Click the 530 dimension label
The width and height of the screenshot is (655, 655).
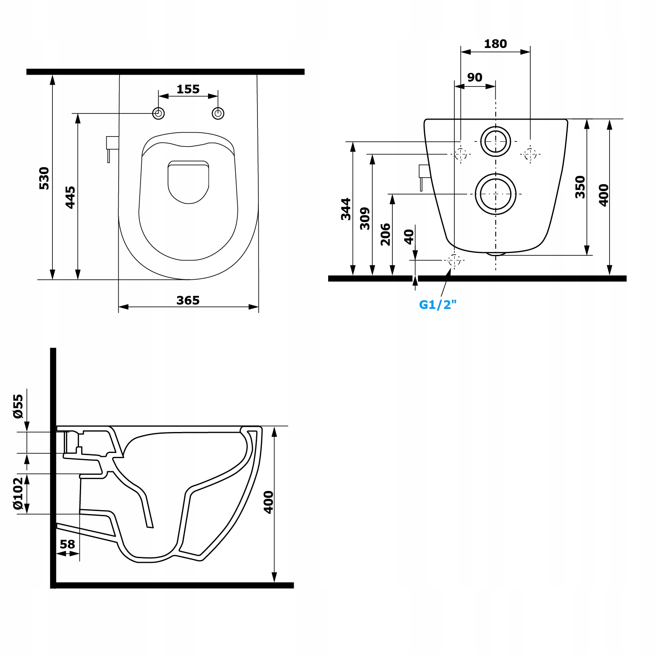tap(44, 178)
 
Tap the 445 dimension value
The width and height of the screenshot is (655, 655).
tap(70, 197)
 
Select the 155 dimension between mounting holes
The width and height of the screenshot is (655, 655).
tap(188, 89)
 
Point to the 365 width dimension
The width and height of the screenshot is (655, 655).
tap(188, 300)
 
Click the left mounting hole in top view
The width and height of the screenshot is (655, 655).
tap(158, 113)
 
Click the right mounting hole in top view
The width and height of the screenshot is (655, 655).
tap(218, 113)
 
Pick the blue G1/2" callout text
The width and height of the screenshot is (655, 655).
tap(438, 305)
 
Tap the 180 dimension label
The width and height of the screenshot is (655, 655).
tap(496, 44)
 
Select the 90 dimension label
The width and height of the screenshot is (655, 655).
tap(475, 77)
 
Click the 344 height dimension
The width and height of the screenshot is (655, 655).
tap(346, 209)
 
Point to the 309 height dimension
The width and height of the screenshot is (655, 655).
tap(365, 219)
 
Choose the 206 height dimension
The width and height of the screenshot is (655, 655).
tap(385, 234)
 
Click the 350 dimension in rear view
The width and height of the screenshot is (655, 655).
tap(580, 187)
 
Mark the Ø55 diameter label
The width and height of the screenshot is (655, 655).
tap(18, 406)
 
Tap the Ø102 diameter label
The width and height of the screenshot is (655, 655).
tap(18, 493)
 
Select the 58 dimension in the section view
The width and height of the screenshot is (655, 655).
tap(68, 544)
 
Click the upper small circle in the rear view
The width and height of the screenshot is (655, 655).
tap(496, 141)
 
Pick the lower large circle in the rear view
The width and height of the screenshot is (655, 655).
tap(496, 194)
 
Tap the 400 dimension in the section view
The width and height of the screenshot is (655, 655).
tap(268, 502)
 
